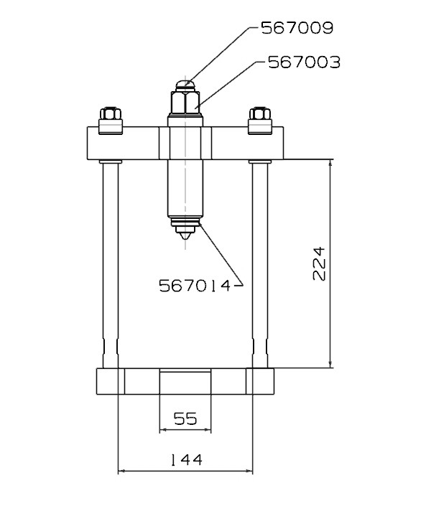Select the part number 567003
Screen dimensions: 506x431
click(x=303, y=62)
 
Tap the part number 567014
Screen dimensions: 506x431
click(x=194, y=286)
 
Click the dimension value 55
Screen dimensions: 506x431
click(x=185, y=418)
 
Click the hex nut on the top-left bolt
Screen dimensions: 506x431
click(x=110, y=114)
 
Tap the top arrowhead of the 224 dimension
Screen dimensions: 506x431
click(x=330, y=162)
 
